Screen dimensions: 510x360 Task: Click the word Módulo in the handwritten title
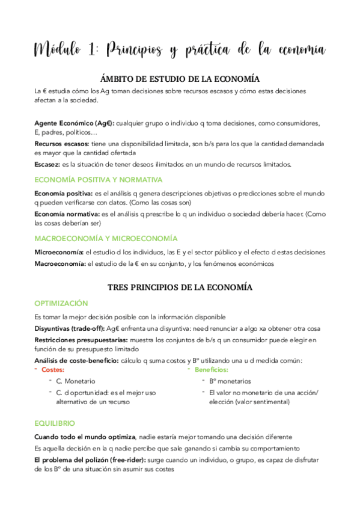60,49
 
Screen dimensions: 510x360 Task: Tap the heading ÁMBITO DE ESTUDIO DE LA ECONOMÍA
179,78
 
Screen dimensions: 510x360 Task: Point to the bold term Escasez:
47,164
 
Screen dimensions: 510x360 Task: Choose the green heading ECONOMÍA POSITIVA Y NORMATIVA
98,179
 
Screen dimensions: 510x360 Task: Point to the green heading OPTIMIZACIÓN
61,303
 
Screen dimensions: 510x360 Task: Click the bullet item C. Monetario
75,381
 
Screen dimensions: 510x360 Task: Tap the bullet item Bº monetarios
230,381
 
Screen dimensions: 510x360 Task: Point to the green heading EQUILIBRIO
55,423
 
